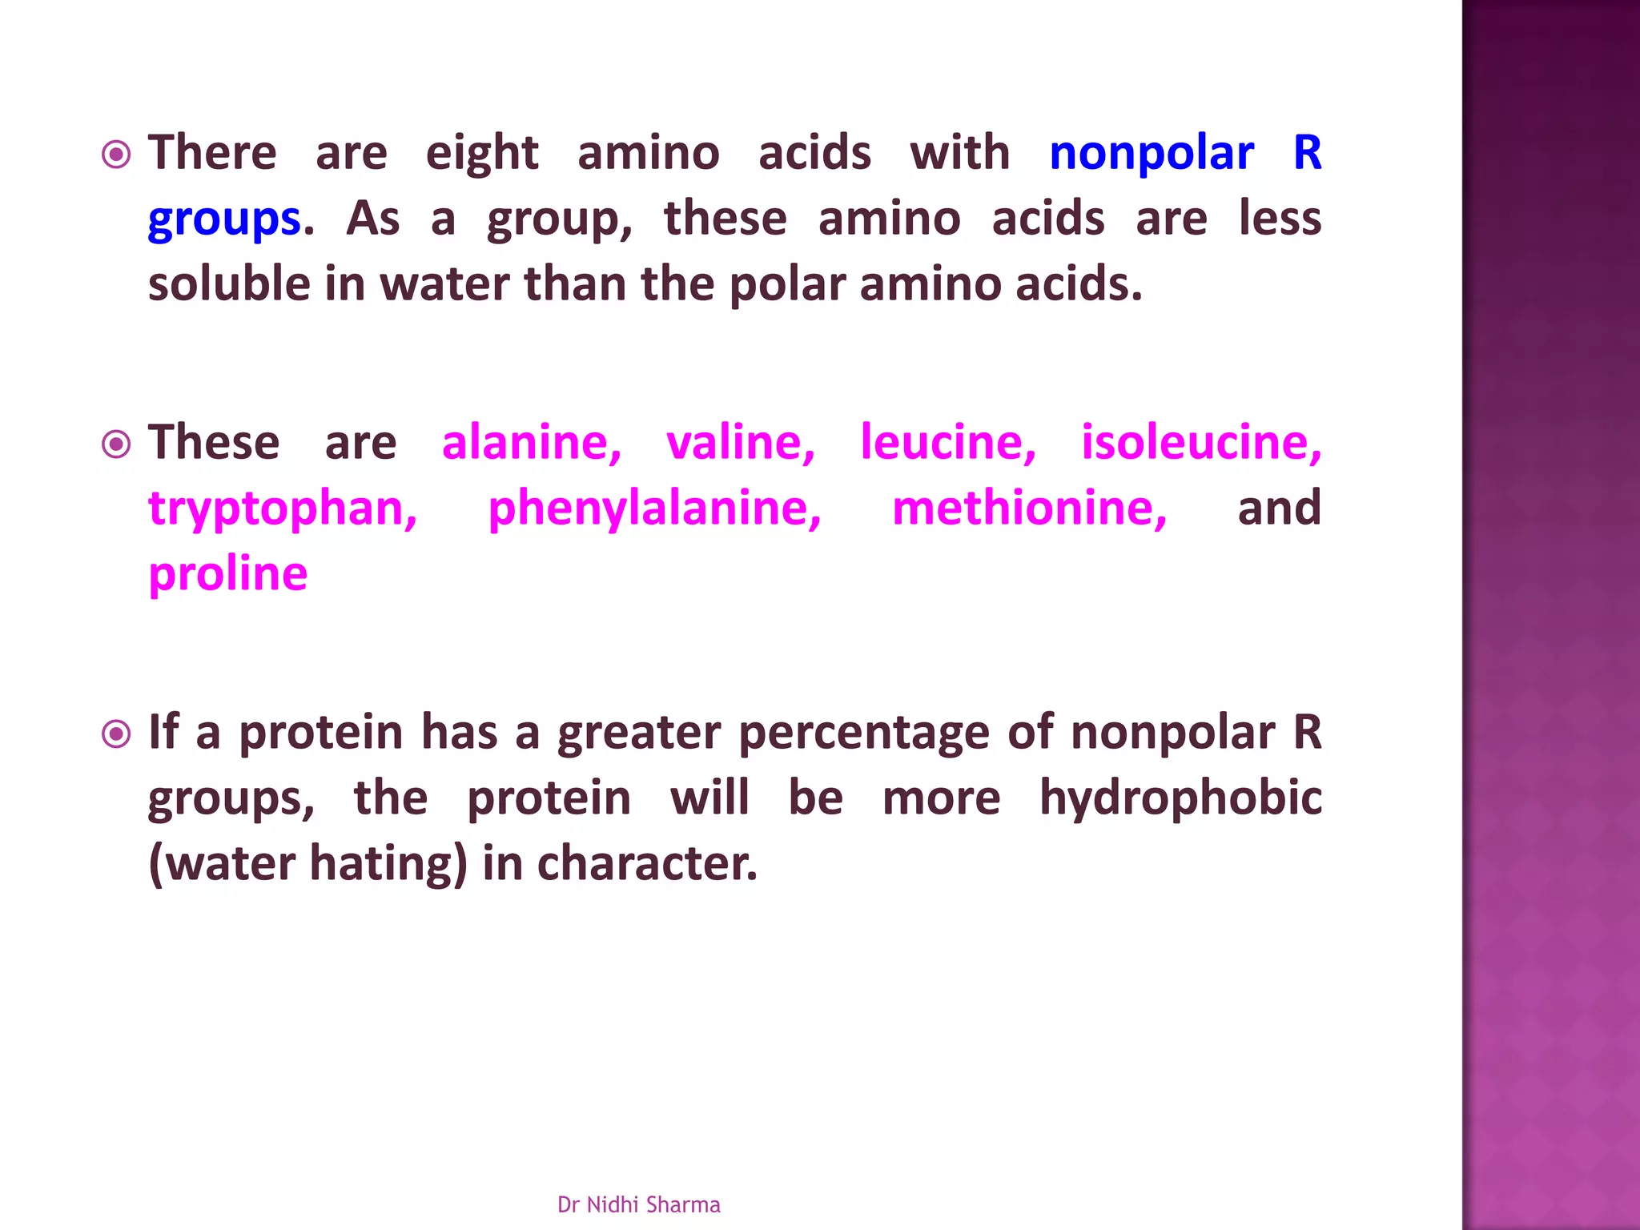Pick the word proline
tap(228, 574)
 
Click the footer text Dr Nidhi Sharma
tap(638, 1204)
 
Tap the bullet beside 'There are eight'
tap(117, 154)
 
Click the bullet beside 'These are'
tap(117, 444)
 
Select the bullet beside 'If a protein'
tap(117, 734)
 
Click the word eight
tap(481, 154)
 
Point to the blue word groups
tap(224, 219)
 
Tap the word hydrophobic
tap(1180, 798)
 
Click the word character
tap(646, 864)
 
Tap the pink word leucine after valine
tap(948, 443)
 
